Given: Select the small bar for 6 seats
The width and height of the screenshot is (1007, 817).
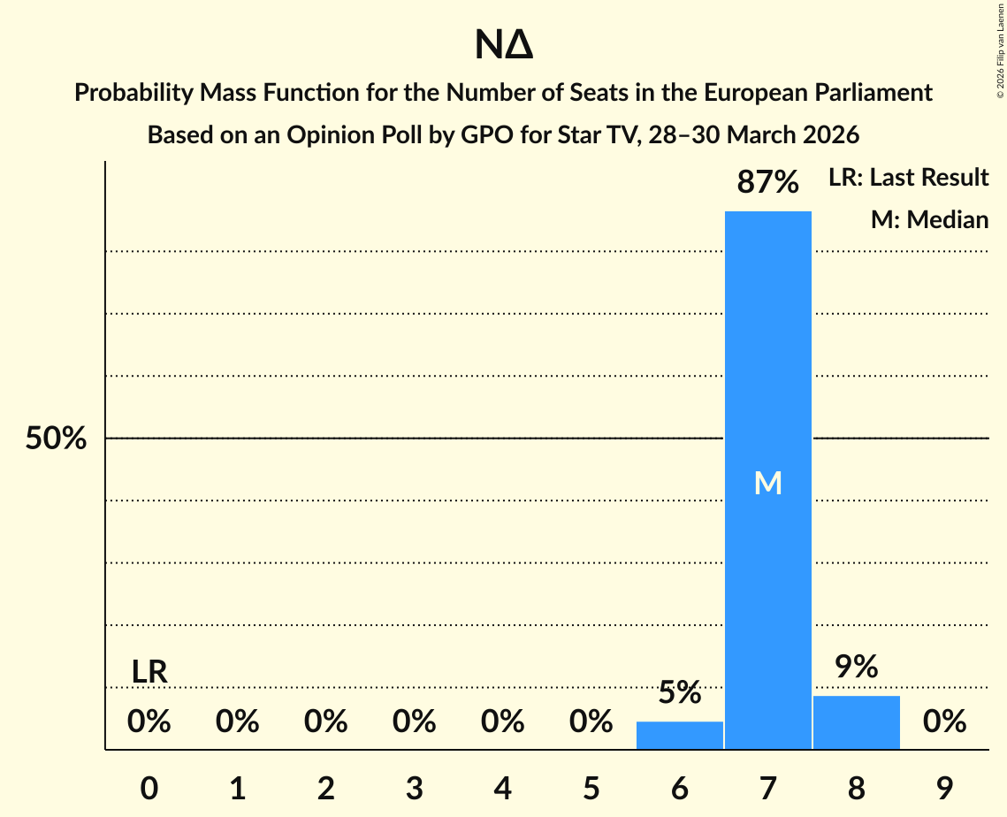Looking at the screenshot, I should (x=679, y=736).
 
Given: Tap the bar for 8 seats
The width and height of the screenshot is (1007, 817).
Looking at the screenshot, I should (x=856, y=722).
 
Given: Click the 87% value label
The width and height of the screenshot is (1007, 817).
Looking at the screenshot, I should (x=767, y=183).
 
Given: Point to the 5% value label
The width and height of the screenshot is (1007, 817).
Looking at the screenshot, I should (x=679, y=693).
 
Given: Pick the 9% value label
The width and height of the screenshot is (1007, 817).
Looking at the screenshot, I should (x=856, y=668).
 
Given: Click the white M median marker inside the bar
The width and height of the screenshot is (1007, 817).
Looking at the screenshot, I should (x=767, y=483).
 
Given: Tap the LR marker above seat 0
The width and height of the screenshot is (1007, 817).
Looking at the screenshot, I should (x=149, y=672).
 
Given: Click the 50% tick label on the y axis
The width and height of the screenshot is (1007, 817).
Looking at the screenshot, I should (x=56, y=439).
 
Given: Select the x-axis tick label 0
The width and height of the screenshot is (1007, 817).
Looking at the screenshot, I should (x=149, y=789).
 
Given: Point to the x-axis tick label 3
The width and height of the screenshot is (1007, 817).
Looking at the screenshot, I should (x=415, y=789).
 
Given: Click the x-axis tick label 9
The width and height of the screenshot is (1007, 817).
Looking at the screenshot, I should (x=944, y=789).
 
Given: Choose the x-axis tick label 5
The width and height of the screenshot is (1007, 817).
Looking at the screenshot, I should (x=591, y=789).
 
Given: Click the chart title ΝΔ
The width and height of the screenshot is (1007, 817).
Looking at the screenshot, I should (x=503, y=46).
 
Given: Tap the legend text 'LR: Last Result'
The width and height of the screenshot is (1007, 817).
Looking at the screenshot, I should (x=908, y=178).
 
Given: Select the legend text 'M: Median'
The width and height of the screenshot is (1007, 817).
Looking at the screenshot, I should (x=929, y=219).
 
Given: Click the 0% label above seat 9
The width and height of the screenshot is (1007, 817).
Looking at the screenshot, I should (x=944, y=722).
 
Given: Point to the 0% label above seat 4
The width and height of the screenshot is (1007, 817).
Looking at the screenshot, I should (x=502, y=722).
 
